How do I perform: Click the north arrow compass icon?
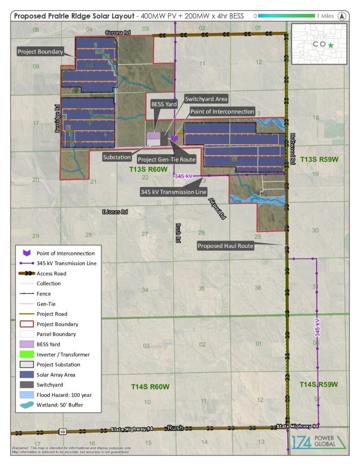(342, 16)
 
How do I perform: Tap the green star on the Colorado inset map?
(330, 45)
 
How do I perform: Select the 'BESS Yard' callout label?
(164, 104)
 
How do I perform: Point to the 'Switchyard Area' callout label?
(206, 99)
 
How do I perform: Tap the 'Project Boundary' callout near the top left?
(41, 52)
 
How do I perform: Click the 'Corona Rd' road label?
(114, 33)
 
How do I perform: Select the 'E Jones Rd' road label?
(115, 212)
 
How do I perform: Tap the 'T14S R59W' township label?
(319, 385)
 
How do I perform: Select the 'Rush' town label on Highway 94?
(175, 428)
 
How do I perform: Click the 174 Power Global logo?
(318, 442)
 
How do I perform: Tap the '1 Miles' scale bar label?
(326, 16)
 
